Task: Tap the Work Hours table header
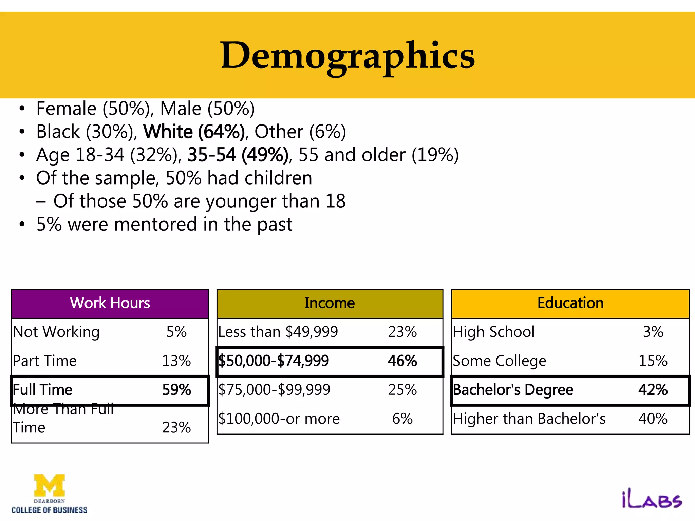click(x=110, y=303)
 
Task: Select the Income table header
click(x=330, y=303)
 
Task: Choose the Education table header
click(x=570, y=303)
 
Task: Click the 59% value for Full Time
click(x=176, y=390)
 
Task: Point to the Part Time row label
click(x=45, y=361)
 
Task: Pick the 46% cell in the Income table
click(x=402, y=361)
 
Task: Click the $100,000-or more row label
click(x=279, y=419)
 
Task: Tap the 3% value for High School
click(x=653, y=332)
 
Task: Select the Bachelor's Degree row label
click(x=513, y=390)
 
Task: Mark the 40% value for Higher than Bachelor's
click(x=653, y=419)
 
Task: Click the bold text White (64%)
click(x=194, y=132)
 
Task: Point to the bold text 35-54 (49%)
click(x=238, y=155)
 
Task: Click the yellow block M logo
click(x=50, y=485)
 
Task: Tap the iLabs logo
click(x=652, y=500)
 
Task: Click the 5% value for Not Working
click(x=176, y=332)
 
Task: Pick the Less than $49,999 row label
click(x=278, y=332)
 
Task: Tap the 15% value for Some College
click(x=653, y=361)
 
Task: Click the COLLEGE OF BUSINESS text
click(x=50, y=510)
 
